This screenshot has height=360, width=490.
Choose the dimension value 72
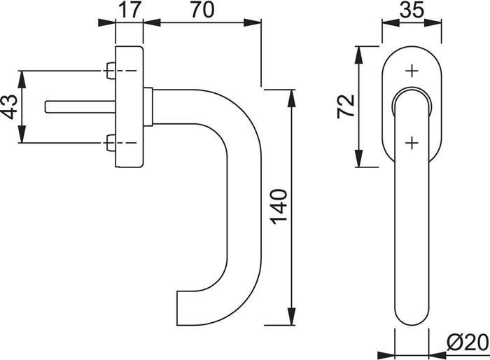[346, 106]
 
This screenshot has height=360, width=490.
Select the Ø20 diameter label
[467, 342]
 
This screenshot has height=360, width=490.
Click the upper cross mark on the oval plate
[412, 71]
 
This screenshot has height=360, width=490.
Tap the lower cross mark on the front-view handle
[412, 143]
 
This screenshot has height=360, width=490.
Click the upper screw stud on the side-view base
[111, 71]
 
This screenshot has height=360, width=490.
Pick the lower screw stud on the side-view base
[111, 143]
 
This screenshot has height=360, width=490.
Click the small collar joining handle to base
[148, 107]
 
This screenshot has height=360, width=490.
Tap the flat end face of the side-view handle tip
[177, 308]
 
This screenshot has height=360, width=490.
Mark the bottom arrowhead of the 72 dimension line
[359, 158]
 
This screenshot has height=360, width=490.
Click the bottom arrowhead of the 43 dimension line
[21, 134]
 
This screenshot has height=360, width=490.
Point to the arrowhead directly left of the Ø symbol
[437, 355]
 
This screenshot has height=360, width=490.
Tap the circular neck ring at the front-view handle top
[412, 91]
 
